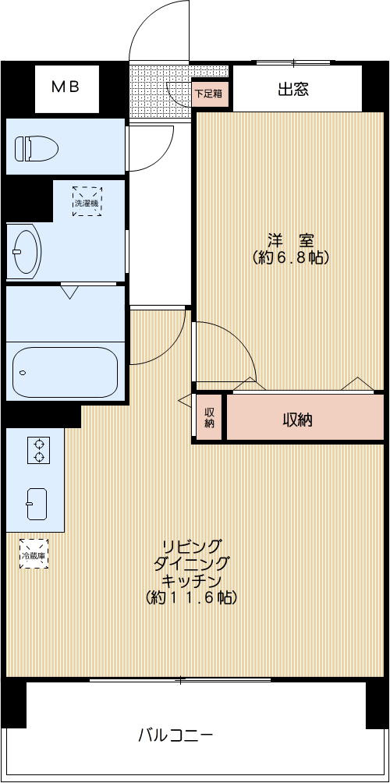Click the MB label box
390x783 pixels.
pyautogui.click(x=66, y=88)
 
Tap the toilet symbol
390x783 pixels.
pyautogui.click(x=36, y=147)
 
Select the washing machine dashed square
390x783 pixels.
pyautogui.click(x=87, y=201)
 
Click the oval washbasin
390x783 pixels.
pyautogui.click(x=26, y=251)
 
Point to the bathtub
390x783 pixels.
pyautogui.click(x=65, y=372)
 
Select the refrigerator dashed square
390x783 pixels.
pyautogui.click(x=34, y=554)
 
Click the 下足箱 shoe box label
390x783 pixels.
pyautogui.click(x=208, y=93)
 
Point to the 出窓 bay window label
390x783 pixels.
pyautogui.click(x=293, y=90)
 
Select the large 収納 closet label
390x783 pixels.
pyautogui.click(x=297, y=420)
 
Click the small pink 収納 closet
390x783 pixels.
pyautogui.click(x=209, y=419)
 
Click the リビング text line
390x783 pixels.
pyautogui.click(x=192, y=545)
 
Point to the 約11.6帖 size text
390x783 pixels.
pyautogui.click(x=191, y=598)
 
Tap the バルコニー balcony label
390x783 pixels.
pyautogui.click(x=175, y=735)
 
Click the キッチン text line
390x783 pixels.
pyautogui.click(x=192, y=581)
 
